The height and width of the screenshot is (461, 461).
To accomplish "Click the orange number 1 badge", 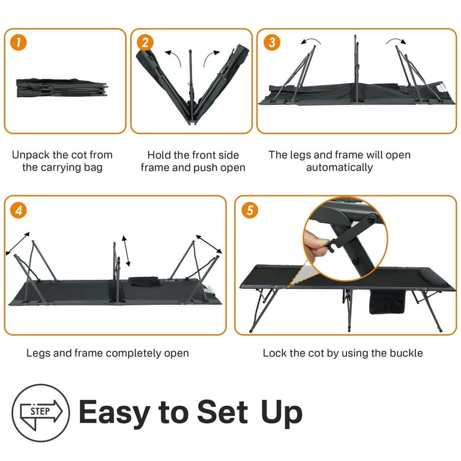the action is [x=18, y=43].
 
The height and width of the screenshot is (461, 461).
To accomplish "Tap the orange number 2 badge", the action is [x=145, y=43].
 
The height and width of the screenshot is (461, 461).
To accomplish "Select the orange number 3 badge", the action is [x=272, y=43].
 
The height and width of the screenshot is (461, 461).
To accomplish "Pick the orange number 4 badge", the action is [x=18, y=210].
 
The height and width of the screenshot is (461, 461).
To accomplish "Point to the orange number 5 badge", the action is [x=250, y=210].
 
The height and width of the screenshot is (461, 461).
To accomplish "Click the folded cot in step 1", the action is [x=62, y=88].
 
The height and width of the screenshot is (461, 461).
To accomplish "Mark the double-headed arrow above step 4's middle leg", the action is [x=126, y=250].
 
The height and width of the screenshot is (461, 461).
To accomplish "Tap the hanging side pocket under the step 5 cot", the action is [x=387, y=302].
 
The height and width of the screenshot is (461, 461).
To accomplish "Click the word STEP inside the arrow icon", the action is [x=40, y=411].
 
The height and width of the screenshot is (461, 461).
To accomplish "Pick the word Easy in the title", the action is [x=115, y=412].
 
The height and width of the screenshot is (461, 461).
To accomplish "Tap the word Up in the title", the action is [x=282, y=412].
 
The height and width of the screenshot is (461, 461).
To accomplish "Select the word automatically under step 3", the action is [x=339, y=167].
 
